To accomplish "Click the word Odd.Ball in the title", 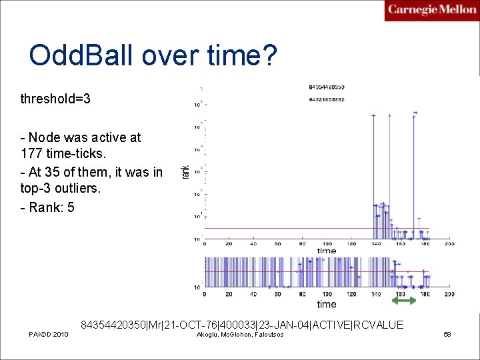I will [76, 56].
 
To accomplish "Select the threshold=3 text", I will [55, 99].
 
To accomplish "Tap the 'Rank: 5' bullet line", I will [48, 207].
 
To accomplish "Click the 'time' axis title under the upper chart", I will [327, 251].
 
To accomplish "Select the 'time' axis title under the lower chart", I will [327, 304].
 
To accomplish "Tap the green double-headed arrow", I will [403, 301].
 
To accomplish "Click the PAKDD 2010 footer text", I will [48, 334].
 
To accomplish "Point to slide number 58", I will [447, 334].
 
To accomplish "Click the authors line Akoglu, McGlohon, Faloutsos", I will [240, 334].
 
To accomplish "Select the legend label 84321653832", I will [327, 99].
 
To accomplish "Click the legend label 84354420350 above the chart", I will [327, 87].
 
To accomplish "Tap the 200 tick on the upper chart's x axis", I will [449, 244].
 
